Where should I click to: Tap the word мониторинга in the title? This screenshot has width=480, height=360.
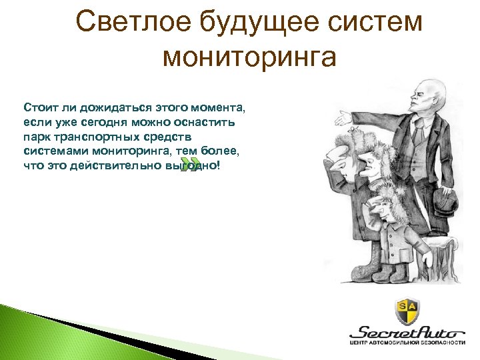[250, 59]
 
